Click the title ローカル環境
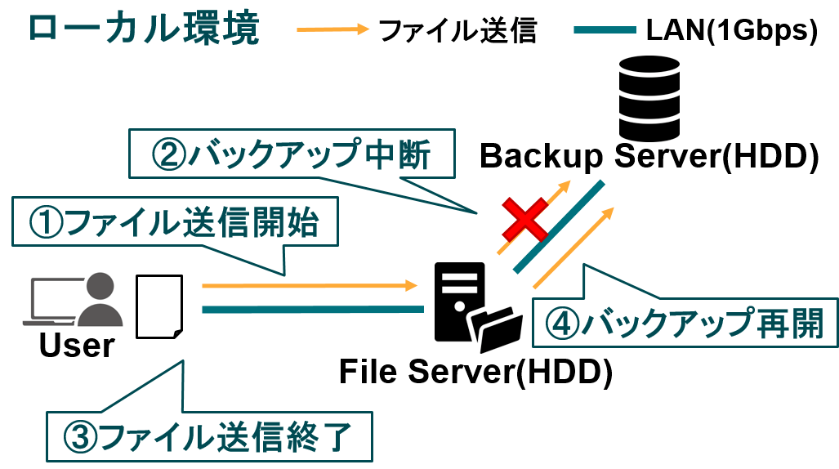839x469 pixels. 144,29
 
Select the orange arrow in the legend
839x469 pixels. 332,29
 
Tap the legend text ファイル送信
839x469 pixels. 457,30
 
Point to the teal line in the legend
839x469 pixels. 605,30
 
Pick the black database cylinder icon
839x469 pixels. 649,99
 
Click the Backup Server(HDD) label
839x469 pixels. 649,156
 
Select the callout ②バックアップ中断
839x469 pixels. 292,154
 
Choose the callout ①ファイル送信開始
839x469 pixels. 175,222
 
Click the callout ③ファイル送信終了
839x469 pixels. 209,437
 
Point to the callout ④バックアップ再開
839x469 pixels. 685,323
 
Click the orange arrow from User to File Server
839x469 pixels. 310,285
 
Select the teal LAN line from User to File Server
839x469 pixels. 313,309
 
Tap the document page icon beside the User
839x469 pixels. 159,306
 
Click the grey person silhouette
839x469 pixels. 100,300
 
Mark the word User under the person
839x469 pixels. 77,346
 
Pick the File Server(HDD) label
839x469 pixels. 475,371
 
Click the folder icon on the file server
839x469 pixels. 496,328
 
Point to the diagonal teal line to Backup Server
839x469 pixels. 559,227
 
